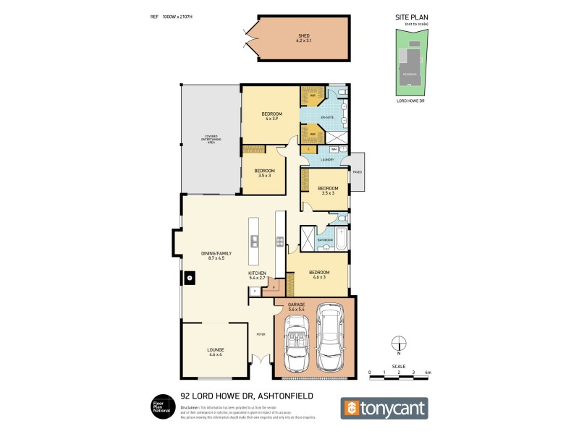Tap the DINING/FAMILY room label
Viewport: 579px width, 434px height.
(216, 255)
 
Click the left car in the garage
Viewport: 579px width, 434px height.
(299, 344)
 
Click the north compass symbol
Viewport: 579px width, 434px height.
(397, 345)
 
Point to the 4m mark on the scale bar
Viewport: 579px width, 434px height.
(428, 373)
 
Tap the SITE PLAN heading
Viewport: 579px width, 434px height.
(412, 17)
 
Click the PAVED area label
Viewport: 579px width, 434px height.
(357, 172)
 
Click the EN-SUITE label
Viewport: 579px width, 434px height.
(327, 116)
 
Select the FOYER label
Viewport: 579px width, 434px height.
(261, 334)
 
